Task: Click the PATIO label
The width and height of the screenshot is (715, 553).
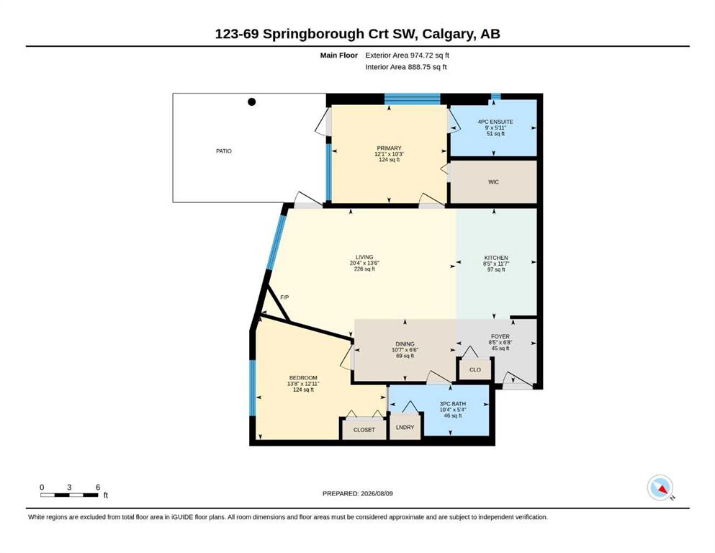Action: (224, 151)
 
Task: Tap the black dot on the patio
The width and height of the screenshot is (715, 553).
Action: (252, 102)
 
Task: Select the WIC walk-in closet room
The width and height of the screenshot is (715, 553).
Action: (493, 182)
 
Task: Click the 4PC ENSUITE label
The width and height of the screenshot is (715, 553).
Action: (495, 122)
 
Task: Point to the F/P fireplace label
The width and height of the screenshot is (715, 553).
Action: (284, 297)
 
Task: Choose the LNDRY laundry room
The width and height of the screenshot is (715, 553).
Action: (405, 427)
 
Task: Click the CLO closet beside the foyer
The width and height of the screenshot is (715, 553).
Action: (475, 369)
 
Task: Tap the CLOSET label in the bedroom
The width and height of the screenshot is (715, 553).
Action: (364, 430)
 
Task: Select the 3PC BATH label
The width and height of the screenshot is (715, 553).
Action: (453, 404)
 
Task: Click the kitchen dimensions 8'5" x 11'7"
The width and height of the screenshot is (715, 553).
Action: (496, 264)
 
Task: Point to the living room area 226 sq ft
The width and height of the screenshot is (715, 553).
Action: (364, 269)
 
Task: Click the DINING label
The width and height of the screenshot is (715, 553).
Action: (405, 343)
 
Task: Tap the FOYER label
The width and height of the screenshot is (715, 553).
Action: (500, 336)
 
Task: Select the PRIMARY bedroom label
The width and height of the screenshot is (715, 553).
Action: (389, 148)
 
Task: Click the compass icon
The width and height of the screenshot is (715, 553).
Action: (660, 487)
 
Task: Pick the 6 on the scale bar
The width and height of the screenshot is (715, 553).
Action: (98, 487)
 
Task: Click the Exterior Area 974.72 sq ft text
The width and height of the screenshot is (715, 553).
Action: (408, 55)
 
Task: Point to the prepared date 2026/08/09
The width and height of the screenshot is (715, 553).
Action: (377, 493)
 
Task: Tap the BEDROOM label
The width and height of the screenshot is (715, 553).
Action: (303, 378)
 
